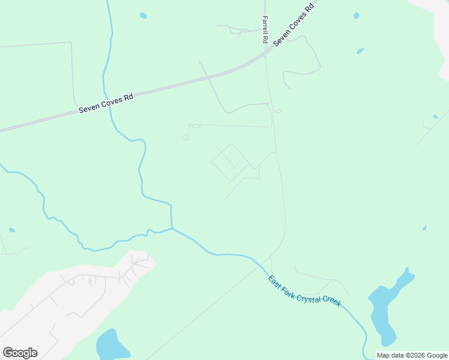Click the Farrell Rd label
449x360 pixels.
coord(265,29)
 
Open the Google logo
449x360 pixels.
coord(20,353)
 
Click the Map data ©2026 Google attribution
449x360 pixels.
coord(412,355)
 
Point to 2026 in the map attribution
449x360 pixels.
coord(414,355)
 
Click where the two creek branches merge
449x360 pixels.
coord(172,228)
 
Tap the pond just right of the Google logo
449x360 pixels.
coord(110,345)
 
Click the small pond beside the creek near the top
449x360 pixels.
coord(143,16)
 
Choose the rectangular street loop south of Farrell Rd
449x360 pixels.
coord(230,163)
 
